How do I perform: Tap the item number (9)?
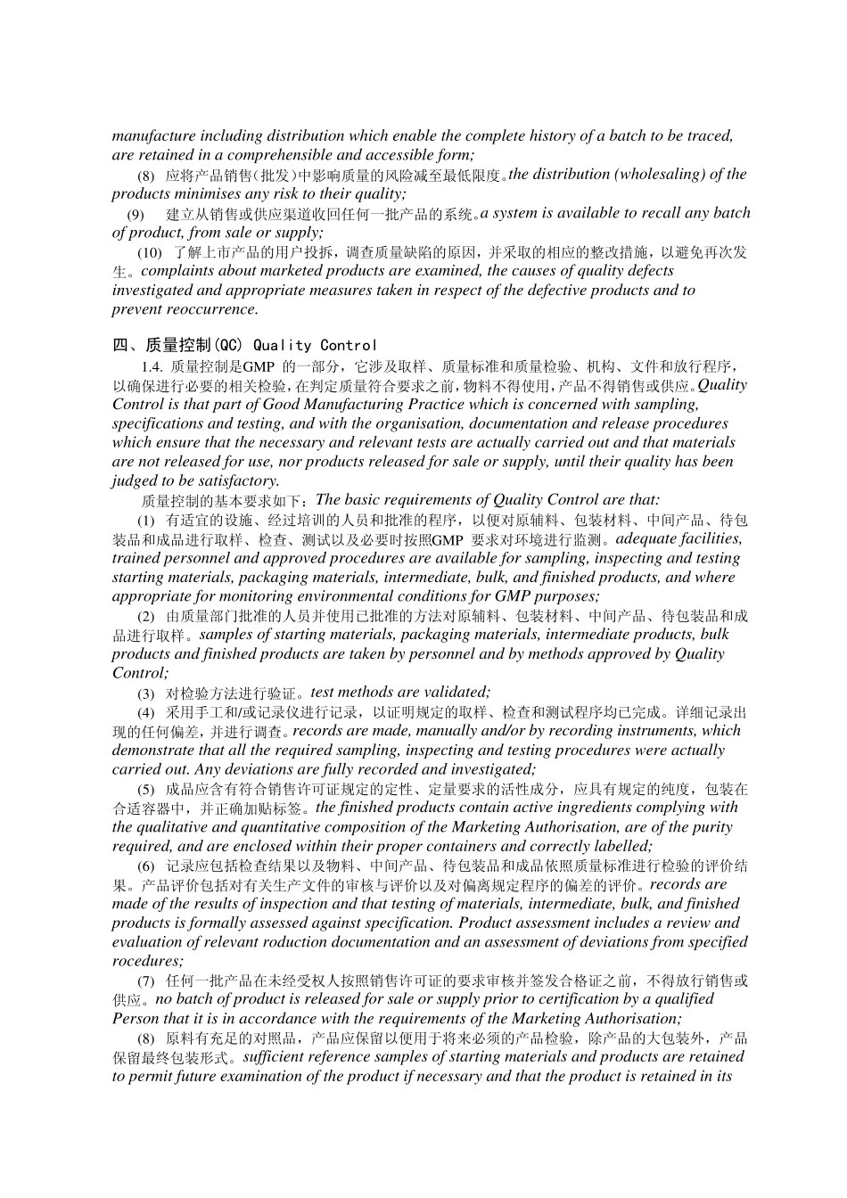[x=136, y=214]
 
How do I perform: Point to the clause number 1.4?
[x=152, y=366]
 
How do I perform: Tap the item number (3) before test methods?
[x=145, y=693]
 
